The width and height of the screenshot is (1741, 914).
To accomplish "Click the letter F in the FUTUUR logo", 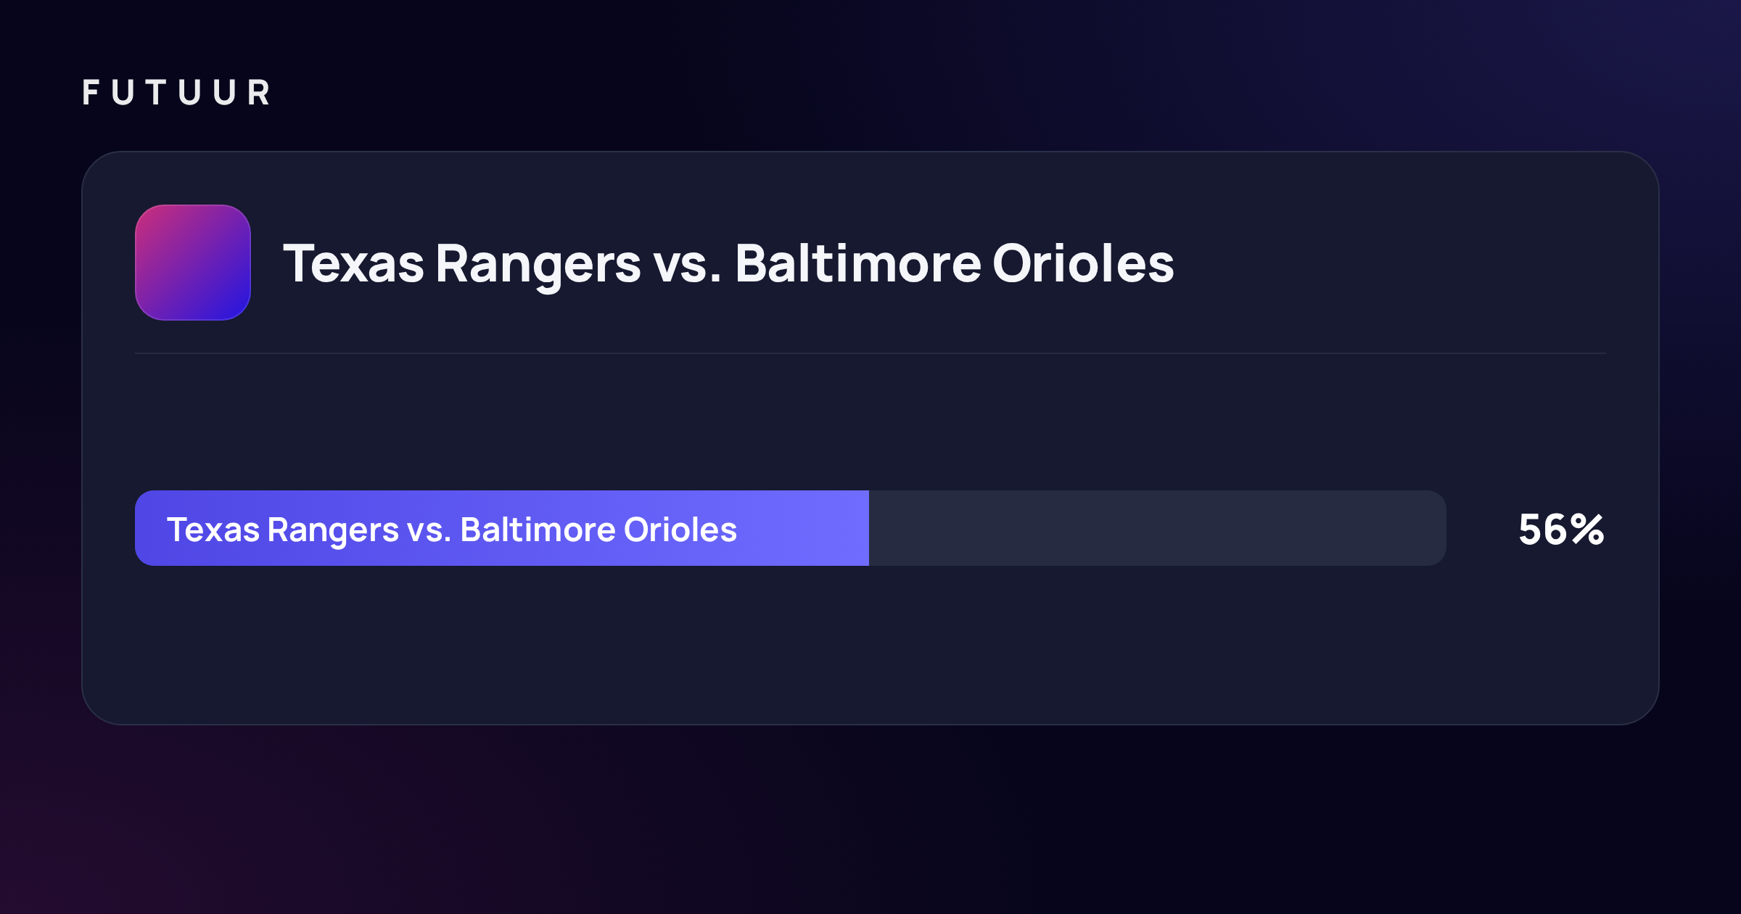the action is coord(91,92).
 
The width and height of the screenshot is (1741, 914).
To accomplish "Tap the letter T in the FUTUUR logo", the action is coord(156,92).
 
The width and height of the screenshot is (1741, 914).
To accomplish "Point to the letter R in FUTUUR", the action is coord(258,92).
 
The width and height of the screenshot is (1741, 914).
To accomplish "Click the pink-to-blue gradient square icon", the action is coord(193,263).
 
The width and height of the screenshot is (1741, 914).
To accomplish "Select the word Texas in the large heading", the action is coord(353,263).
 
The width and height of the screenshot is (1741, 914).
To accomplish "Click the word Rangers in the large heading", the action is coord(538,267).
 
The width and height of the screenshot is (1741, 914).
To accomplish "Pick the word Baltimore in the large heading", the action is coord(858,263).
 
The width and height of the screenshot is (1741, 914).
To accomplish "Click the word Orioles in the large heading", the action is coord(1083,263).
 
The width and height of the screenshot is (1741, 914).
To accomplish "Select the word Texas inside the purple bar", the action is coord(213,530).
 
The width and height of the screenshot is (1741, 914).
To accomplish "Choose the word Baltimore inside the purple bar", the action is coord(538,530).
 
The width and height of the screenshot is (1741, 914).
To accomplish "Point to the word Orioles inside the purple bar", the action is coord(680,530).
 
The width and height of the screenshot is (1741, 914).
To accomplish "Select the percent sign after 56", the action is coord(1588,530).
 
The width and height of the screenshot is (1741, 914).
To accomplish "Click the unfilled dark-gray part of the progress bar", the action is coord(1158,528).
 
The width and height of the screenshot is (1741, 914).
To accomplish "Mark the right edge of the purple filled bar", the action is coord(868,528).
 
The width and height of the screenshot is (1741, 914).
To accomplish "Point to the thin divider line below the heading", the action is coord(870,353).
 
